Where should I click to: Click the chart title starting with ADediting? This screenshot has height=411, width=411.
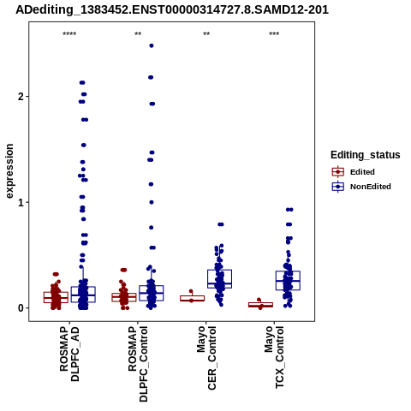point(172,9)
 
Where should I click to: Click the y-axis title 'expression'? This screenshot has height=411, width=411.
point(9,171)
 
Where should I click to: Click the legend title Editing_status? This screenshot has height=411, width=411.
point(366,155)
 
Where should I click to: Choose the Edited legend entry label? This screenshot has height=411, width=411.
point(362,172)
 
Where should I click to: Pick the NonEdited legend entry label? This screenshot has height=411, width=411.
point(371,187)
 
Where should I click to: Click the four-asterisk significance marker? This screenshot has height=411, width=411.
point(69,34)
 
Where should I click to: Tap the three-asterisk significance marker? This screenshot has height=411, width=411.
point(274,34)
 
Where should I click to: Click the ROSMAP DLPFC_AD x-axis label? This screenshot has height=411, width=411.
point(69,354)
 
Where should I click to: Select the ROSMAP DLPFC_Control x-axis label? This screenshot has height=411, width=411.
point(138,364)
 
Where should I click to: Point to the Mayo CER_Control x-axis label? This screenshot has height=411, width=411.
point(206,358)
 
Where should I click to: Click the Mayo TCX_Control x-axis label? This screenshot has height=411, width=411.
point(274,357)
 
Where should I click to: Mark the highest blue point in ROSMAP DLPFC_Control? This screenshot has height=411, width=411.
point(152,45)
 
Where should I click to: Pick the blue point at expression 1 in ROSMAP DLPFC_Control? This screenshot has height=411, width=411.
point(152,202)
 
